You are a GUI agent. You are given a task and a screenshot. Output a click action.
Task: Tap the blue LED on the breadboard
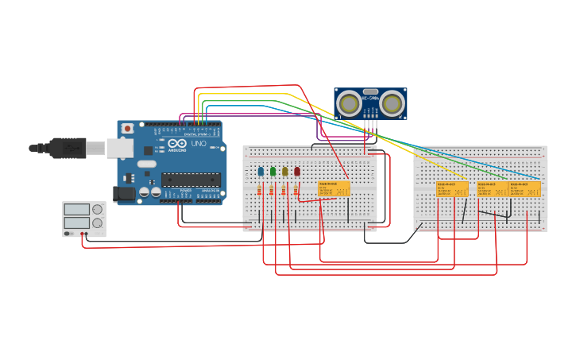[x=261, y=171]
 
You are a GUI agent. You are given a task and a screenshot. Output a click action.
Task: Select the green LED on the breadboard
[x=273, y=171]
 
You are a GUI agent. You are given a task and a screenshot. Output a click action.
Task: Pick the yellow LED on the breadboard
[x=284, y=171]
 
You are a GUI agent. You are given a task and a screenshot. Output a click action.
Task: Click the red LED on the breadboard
[x=297, y=171]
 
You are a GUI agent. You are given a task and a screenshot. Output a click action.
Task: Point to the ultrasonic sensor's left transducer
[x=350, y=103]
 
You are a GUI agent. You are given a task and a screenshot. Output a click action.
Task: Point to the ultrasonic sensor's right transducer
[x=392, y=103]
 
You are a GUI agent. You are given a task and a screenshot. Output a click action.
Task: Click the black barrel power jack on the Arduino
[x=124, y=192]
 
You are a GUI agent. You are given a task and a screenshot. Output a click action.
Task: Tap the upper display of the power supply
[x=77, y=209]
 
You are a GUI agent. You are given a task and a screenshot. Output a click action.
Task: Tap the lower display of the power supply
[x=77, y=223]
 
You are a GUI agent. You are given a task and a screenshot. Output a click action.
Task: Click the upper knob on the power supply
[x=97, y=209]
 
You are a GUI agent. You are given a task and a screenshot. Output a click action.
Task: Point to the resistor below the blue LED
[x=261, y=189]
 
